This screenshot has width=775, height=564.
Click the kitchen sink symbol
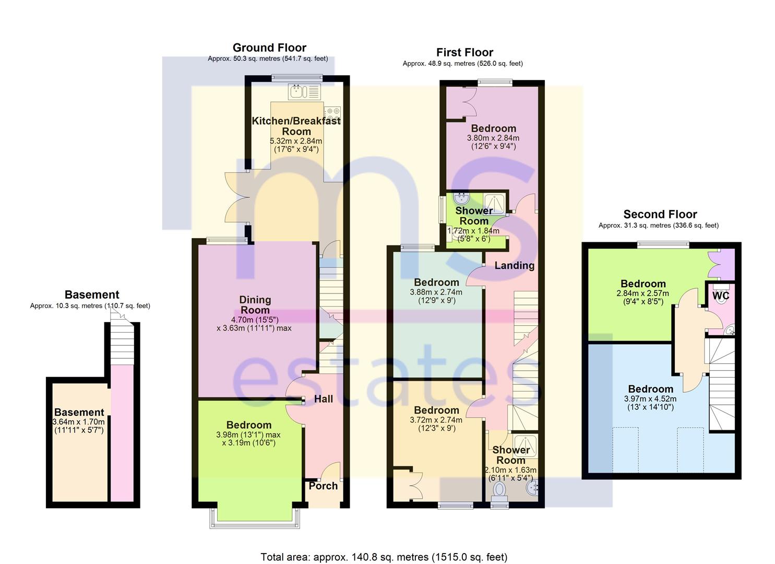pyautogui.click(x=304, y=91)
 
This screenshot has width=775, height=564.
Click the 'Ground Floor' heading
pyautogui.click(x=269, y=48)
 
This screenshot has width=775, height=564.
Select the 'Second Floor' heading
pyautogui.click(x=660, y=214)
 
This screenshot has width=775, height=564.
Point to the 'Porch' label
pyautogui.click(x=323, y=486)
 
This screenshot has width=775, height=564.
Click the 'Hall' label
pyautogui.click(x=324, y=399)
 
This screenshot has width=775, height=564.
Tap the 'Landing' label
pyautogui.click(x=514, y=266)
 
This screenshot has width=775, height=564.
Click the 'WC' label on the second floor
pyautogui.click(x=721, y=296)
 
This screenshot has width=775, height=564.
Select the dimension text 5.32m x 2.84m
pyautogui.click(x=296, y=141)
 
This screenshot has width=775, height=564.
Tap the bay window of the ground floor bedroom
pyautogui.click(x=255, y=518)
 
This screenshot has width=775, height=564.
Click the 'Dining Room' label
pyautogui.click(x=255, y=304)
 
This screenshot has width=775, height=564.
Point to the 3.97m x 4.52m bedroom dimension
pyautogui.click(x=650, y=399)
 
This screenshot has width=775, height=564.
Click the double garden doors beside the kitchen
pyautogui.click(x=237, y=197)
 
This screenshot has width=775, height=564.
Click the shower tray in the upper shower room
pyautogui.click(x=494, y=204)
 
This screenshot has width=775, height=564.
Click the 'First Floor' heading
pyautogui.click(x=464, y=52)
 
